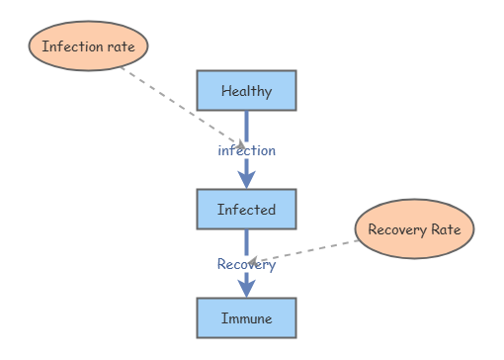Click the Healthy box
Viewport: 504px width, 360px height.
point(246,91)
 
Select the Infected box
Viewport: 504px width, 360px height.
point(246,209)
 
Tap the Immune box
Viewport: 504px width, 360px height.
point(246,318)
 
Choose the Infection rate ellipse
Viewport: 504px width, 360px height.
point(88,46)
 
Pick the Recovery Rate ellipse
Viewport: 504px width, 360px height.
point(414,229)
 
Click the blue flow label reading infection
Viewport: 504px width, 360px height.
point(246,150)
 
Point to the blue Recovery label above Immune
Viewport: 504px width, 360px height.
point(246,264)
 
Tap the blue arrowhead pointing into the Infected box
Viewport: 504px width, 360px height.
point(246,178)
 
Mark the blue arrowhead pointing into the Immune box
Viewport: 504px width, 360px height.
point(246,287)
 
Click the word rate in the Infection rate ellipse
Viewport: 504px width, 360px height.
point(121,46)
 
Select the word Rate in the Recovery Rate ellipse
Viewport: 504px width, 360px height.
point(444,229)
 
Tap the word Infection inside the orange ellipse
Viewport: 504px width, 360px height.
point(72,46)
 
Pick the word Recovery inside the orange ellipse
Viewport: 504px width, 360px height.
point(395,229)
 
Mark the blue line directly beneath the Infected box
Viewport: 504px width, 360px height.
point(246,241)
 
